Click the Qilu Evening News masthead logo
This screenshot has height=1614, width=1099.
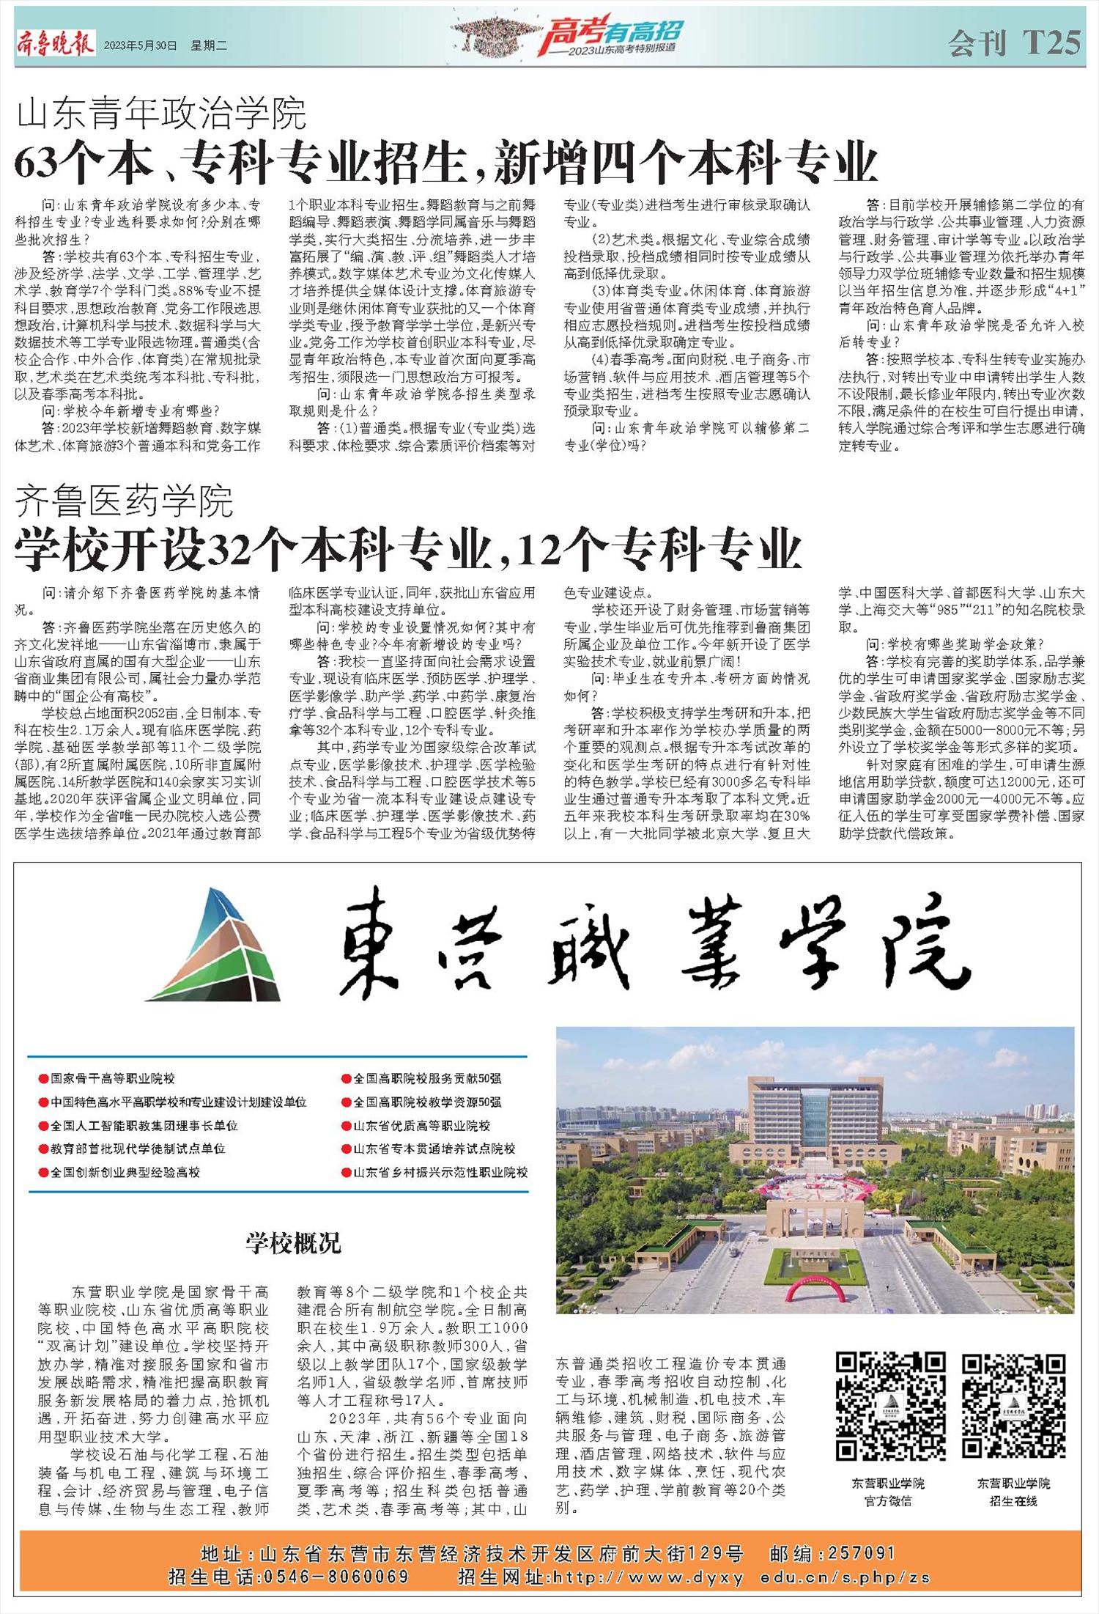click(56, 44)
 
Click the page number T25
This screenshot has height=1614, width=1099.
click(1052, 43)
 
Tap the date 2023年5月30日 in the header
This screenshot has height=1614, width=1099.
click(141, 45)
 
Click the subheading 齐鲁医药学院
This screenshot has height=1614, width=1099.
click(125, 501)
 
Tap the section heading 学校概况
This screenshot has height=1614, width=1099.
click(293, 1243)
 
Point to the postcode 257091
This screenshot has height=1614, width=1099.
click(862, 1553)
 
